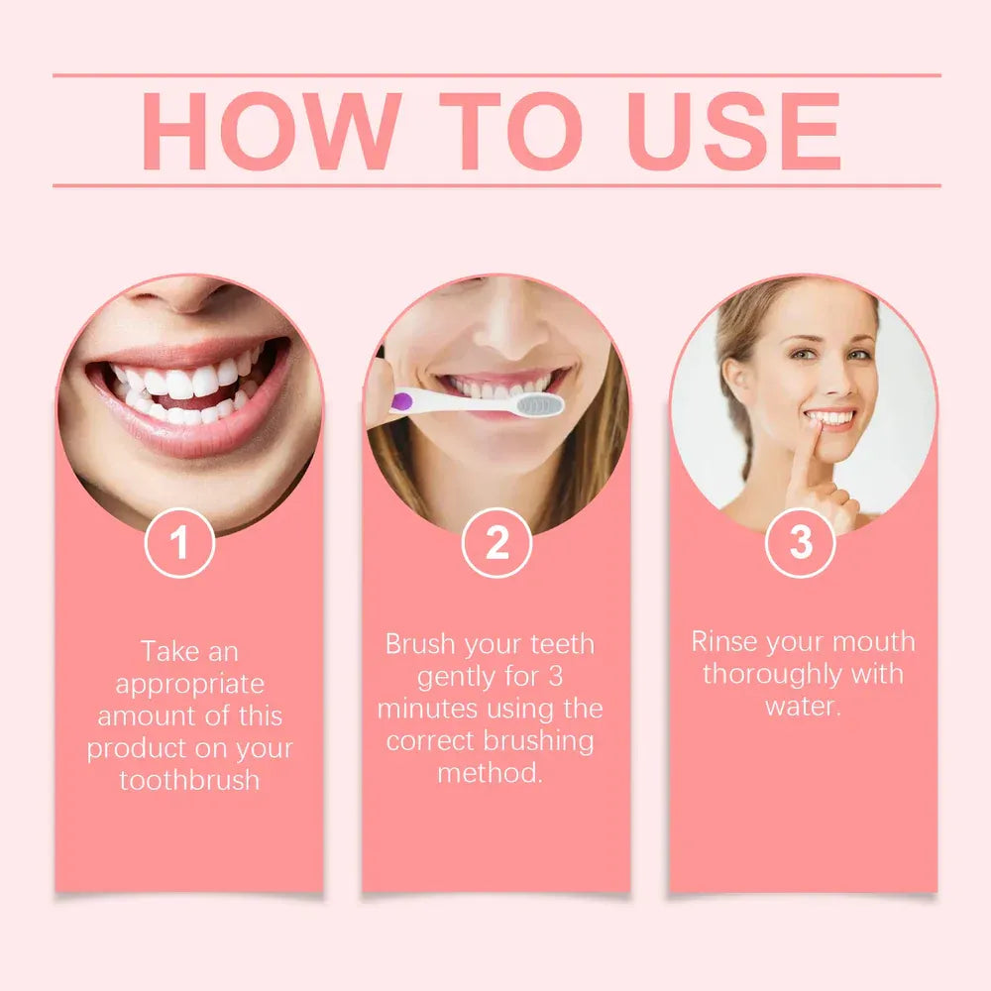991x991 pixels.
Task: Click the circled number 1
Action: pyautogui.click(x=179, y=543)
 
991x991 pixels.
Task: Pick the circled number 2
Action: pyautogui.click(x=496, y=543)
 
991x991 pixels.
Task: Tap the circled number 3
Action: pyautogui.click(x=801, y=542)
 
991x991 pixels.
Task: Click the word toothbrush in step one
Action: pyautogui.click(x=189, y=780)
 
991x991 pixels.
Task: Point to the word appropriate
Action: pyautogui.click(x=189, y=685)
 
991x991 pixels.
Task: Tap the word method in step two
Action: pyautogui.click(x=490, y=773)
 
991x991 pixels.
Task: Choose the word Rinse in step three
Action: pyautogui.click(x=729, y=642)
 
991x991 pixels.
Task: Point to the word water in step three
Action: pyautogui.click(x=801, y=707)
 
